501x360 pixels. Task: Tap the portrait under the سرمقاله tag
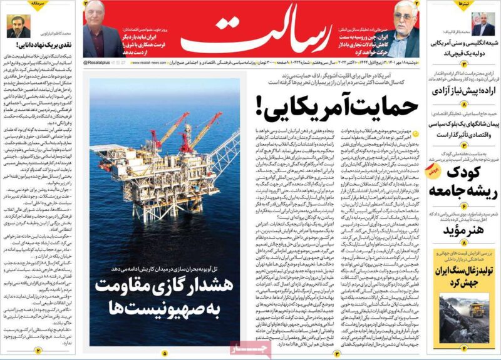[19, 26]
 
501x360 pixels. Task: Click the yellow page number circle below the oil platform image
[165, 352]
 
